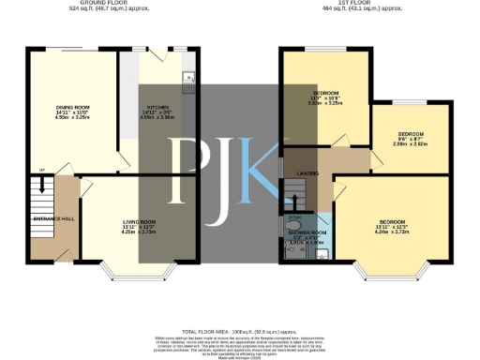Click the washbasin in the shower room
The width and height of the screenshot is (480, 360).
(322, 252)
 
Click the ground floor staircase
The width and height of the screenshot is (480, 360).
(41, 200)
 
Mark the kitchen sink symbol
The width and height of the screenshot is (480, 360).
(188, 78)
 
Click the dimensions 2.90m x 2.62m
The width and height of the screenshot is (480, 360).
(411, 144)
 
